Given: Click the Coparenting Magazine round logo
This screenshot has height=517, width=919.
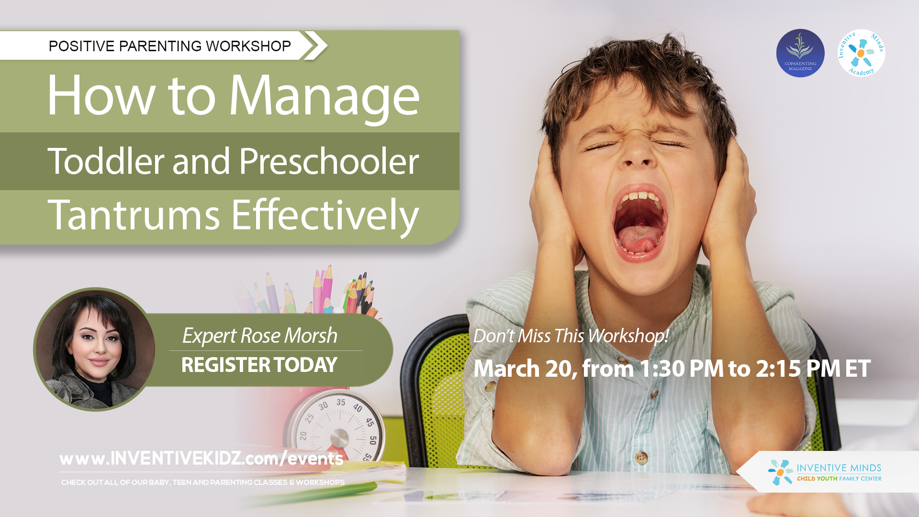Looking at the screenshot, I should (800, 53).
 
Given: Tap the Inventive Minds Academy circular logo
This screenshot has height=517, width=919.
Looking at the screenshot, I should (861, 53).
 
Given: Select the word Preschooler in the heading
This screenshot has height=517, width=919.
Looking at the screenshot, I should (329, 161).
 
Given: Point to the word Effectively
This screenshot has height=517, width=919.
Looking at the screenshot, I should (325, 215).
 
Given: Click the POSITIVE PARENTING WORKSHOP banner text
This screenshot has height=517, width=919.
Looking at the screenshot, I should (169, 46).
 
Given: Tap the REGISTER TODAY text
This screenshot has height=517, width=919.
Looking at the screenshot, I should (259, 365).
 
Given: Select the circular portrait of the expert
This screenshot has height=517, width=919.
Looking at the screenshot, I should (95, 349).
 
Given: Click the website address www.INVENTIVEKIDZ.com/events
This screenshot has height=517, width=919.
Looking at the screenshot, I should (201, 459).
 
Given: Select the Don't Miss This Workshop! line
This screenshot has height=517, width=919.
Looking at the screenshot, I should (571, 336).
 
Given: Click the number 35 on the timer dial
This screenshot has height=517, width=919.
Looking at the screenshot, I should (341, 402).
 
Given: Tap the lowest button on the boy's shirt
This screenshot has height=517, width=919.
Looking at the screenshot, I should (642, 458).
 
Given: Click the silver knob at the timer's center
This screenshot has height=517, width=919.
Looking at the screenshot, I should (339, 438).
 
